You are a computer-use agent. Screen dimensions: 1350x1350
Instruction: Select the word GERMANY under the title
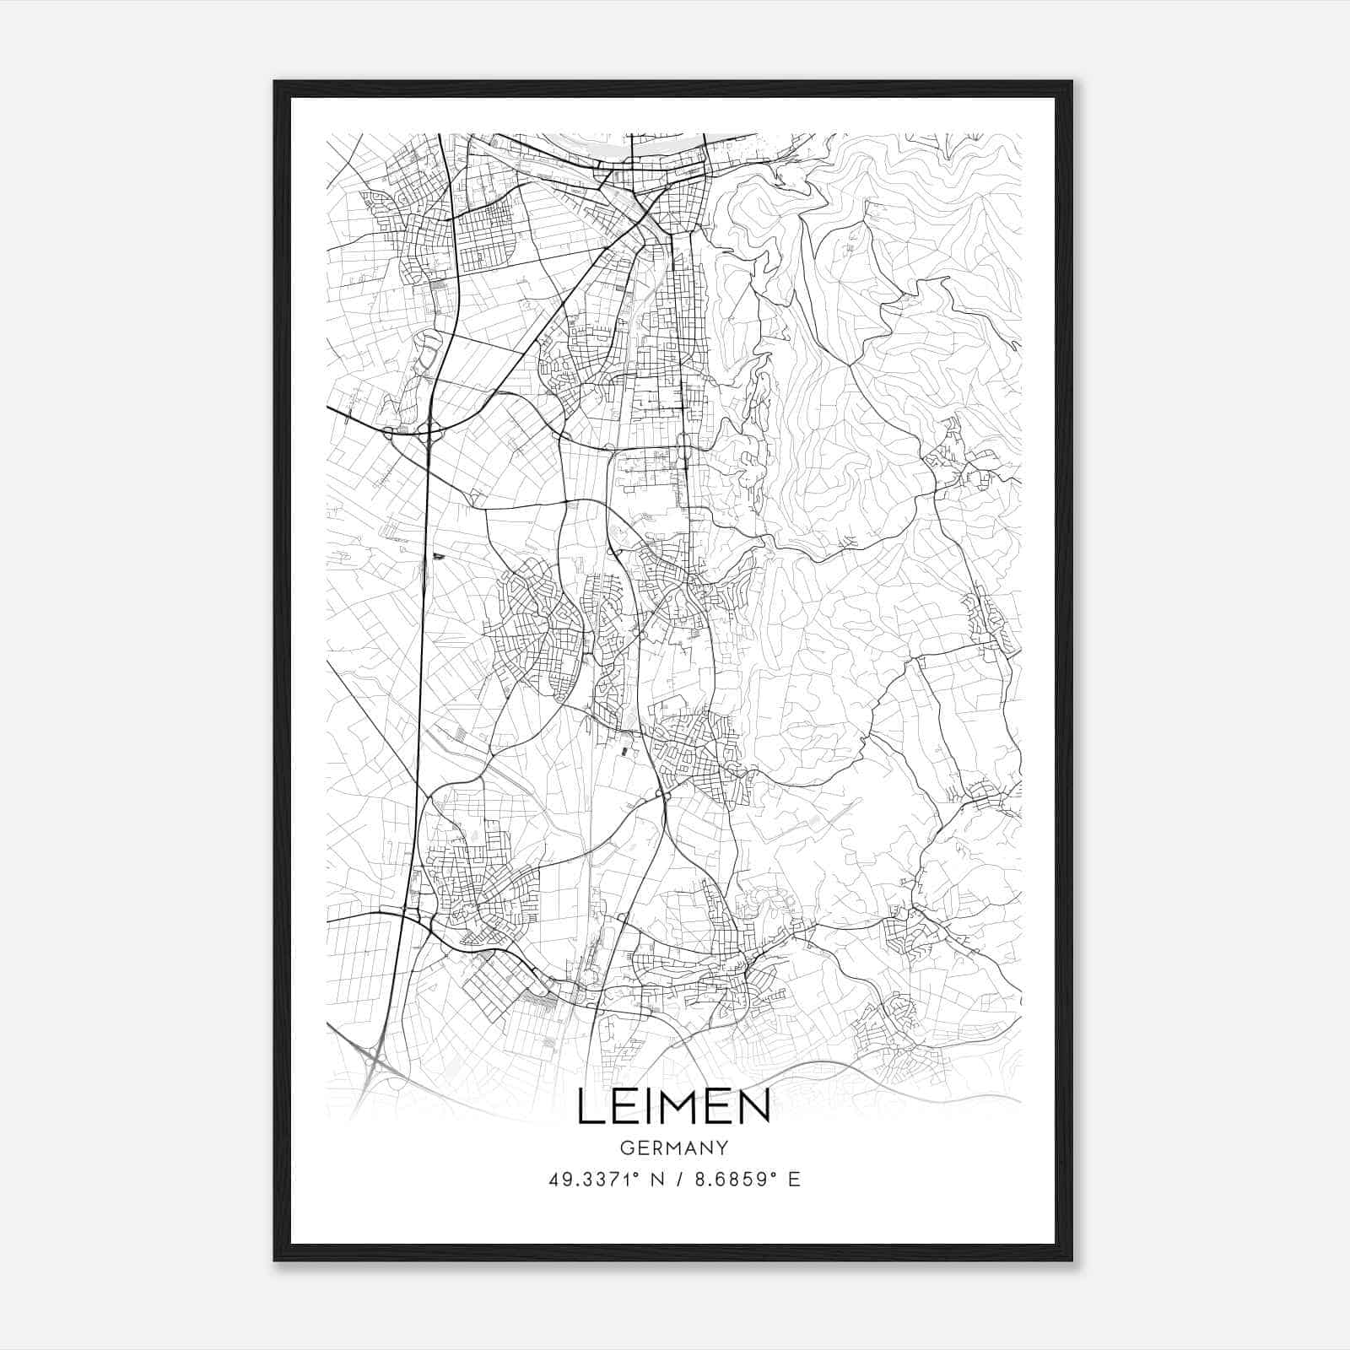point(673,1148)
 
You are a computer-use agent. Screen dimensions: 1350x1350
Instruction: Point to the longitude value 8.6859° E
point(748,1180)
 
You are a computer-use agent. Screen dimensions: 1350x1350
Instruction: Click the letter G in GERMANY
point(625,1148)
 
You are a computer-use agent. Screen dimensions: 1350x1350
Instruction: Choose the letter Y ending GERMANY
point(722,1148)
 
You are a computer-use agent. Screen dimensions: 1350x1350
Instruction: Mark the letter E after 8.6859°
point(794,1180)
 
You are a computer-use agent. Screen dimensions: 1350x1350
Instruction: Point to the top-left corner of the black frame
point(275,82)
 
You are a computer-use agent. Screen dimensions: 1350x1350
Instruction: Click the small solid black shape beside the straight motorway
point(436,556)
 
